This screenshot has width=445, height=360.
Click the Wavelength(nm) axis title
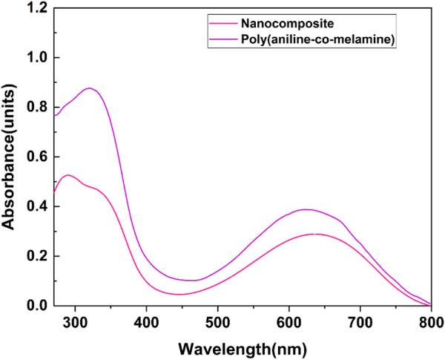tap(242, 347)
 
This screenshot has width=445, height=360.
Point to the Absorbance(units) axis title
tap(10, 156)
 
